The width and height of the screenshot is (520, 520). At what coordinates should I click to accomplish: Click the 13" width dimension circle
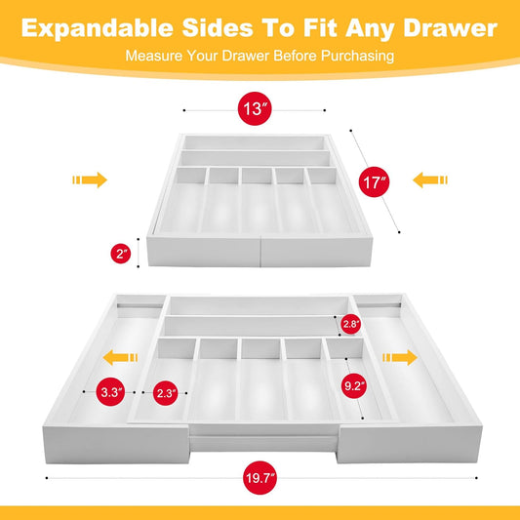click(257, 109)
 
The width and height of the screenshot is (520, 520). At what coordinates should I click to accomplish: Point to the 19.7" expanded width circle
click(259, 479)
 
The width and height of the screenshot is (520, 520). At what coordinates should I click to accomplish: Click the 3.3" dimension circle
click(110, 392)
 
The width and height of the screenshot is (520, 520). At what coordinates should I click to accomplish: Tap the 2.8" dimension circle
click(349, 323)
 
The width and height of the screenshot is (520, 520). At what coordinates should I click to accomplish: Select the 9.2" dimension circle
click(354, 384)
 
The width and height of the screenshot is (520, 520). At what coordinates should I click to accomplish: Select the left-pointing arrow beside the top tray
click(429, 180)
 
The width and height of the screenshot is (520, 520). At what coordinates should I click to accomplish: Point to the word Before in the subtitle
click(292, 56)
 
